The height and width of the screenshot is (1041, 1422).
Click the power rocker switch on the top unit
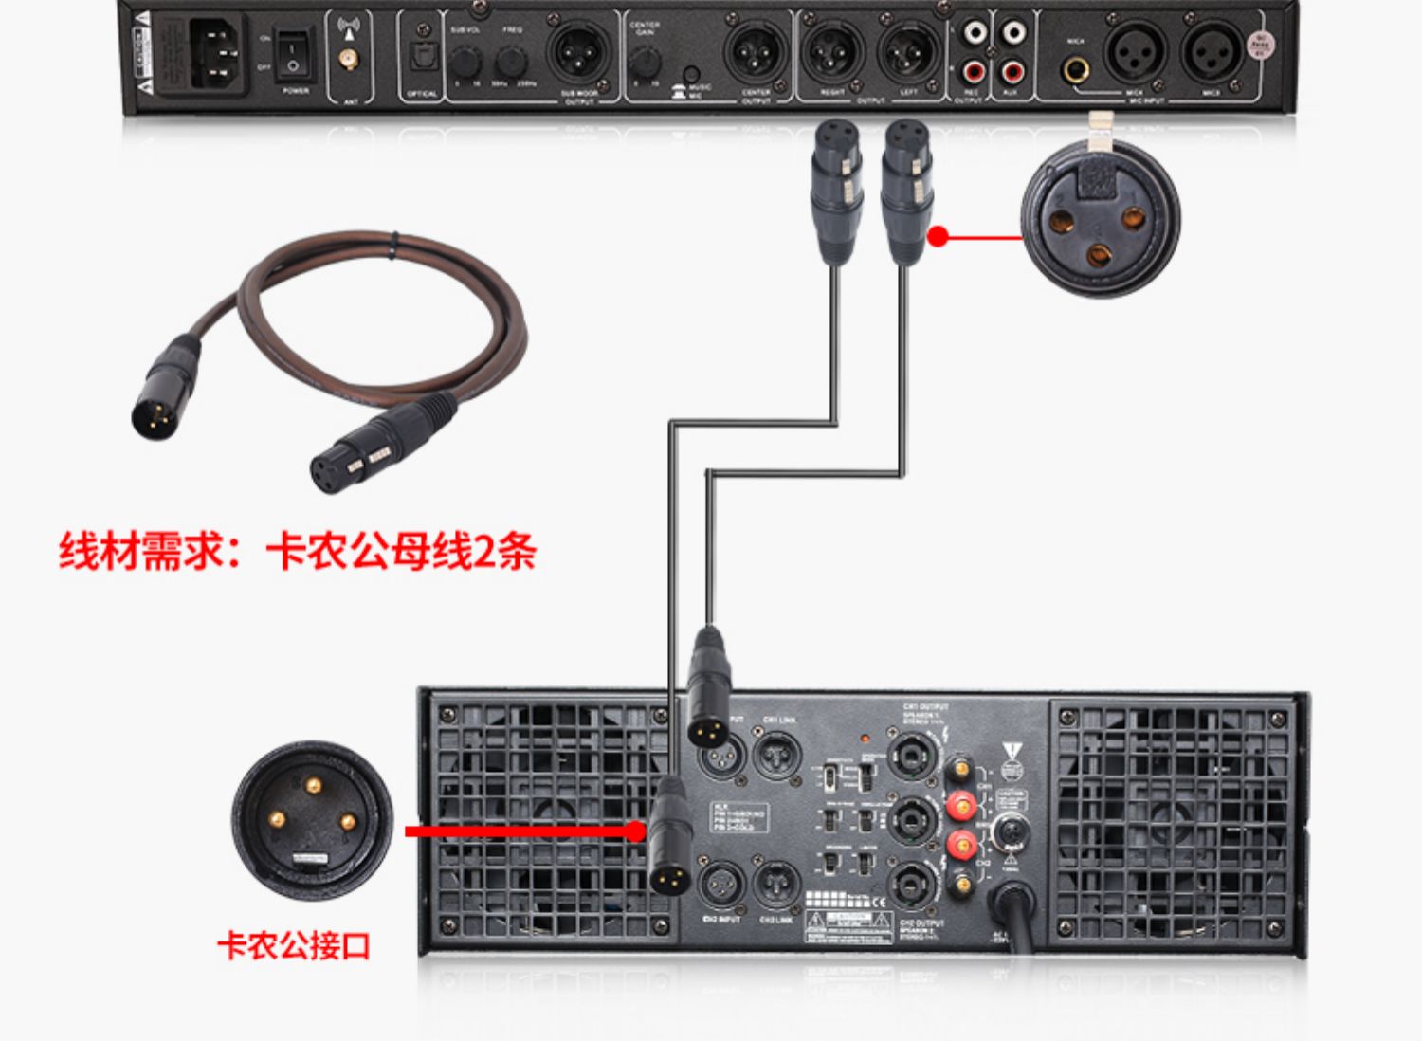[x=294, y=53]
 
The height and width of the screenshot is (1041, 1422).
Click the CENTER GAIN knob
[x=646, y=63]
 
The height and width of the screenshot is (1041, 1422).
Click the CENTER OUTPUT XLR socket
[x=756, y=53]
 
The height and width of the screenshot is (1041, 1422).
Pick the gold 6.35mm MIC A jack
[x=1075, y=69]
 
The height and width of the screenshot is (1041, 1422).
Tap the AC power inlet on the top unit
[x=216, y=54]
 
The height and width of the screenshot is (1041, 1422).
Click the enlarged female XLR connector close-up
[x=1100, y=220]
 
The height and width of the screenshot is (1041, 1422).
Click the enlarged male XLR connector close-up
[x=313, y=820]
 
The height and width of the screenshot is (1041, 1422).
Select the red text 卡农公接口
[x=293, y=945]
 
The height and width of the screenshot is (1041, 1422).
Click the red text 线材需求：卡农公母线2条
[x=297, y=552]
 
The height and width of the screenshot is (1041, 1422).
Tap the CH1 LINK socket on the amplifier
[x=777, y=756]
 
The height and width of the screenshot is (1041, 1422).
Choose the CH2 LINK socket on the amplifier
[x=777, y=885]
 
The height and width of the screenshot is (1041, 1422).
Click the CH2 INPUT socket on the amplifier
[x=722, y=885]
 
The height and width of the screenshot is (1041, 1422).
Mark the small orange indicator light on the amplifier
[x=864, y=737]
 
